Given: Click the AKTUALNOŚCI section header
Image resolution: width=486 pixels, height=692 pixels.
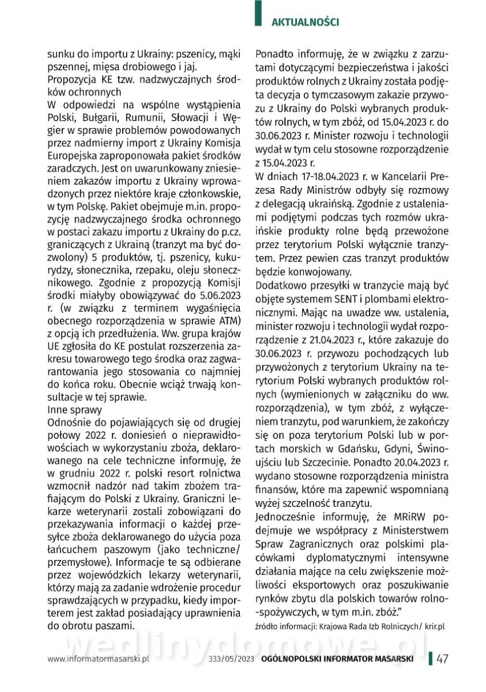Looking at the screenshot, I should (305, 22).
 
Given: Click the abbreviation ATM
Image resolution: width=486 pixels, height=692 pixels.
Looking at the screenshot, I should (228, 319).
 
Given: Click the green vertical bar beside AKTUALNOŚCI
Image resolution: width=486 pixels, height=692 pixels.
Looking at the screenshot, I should (258, 14).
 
